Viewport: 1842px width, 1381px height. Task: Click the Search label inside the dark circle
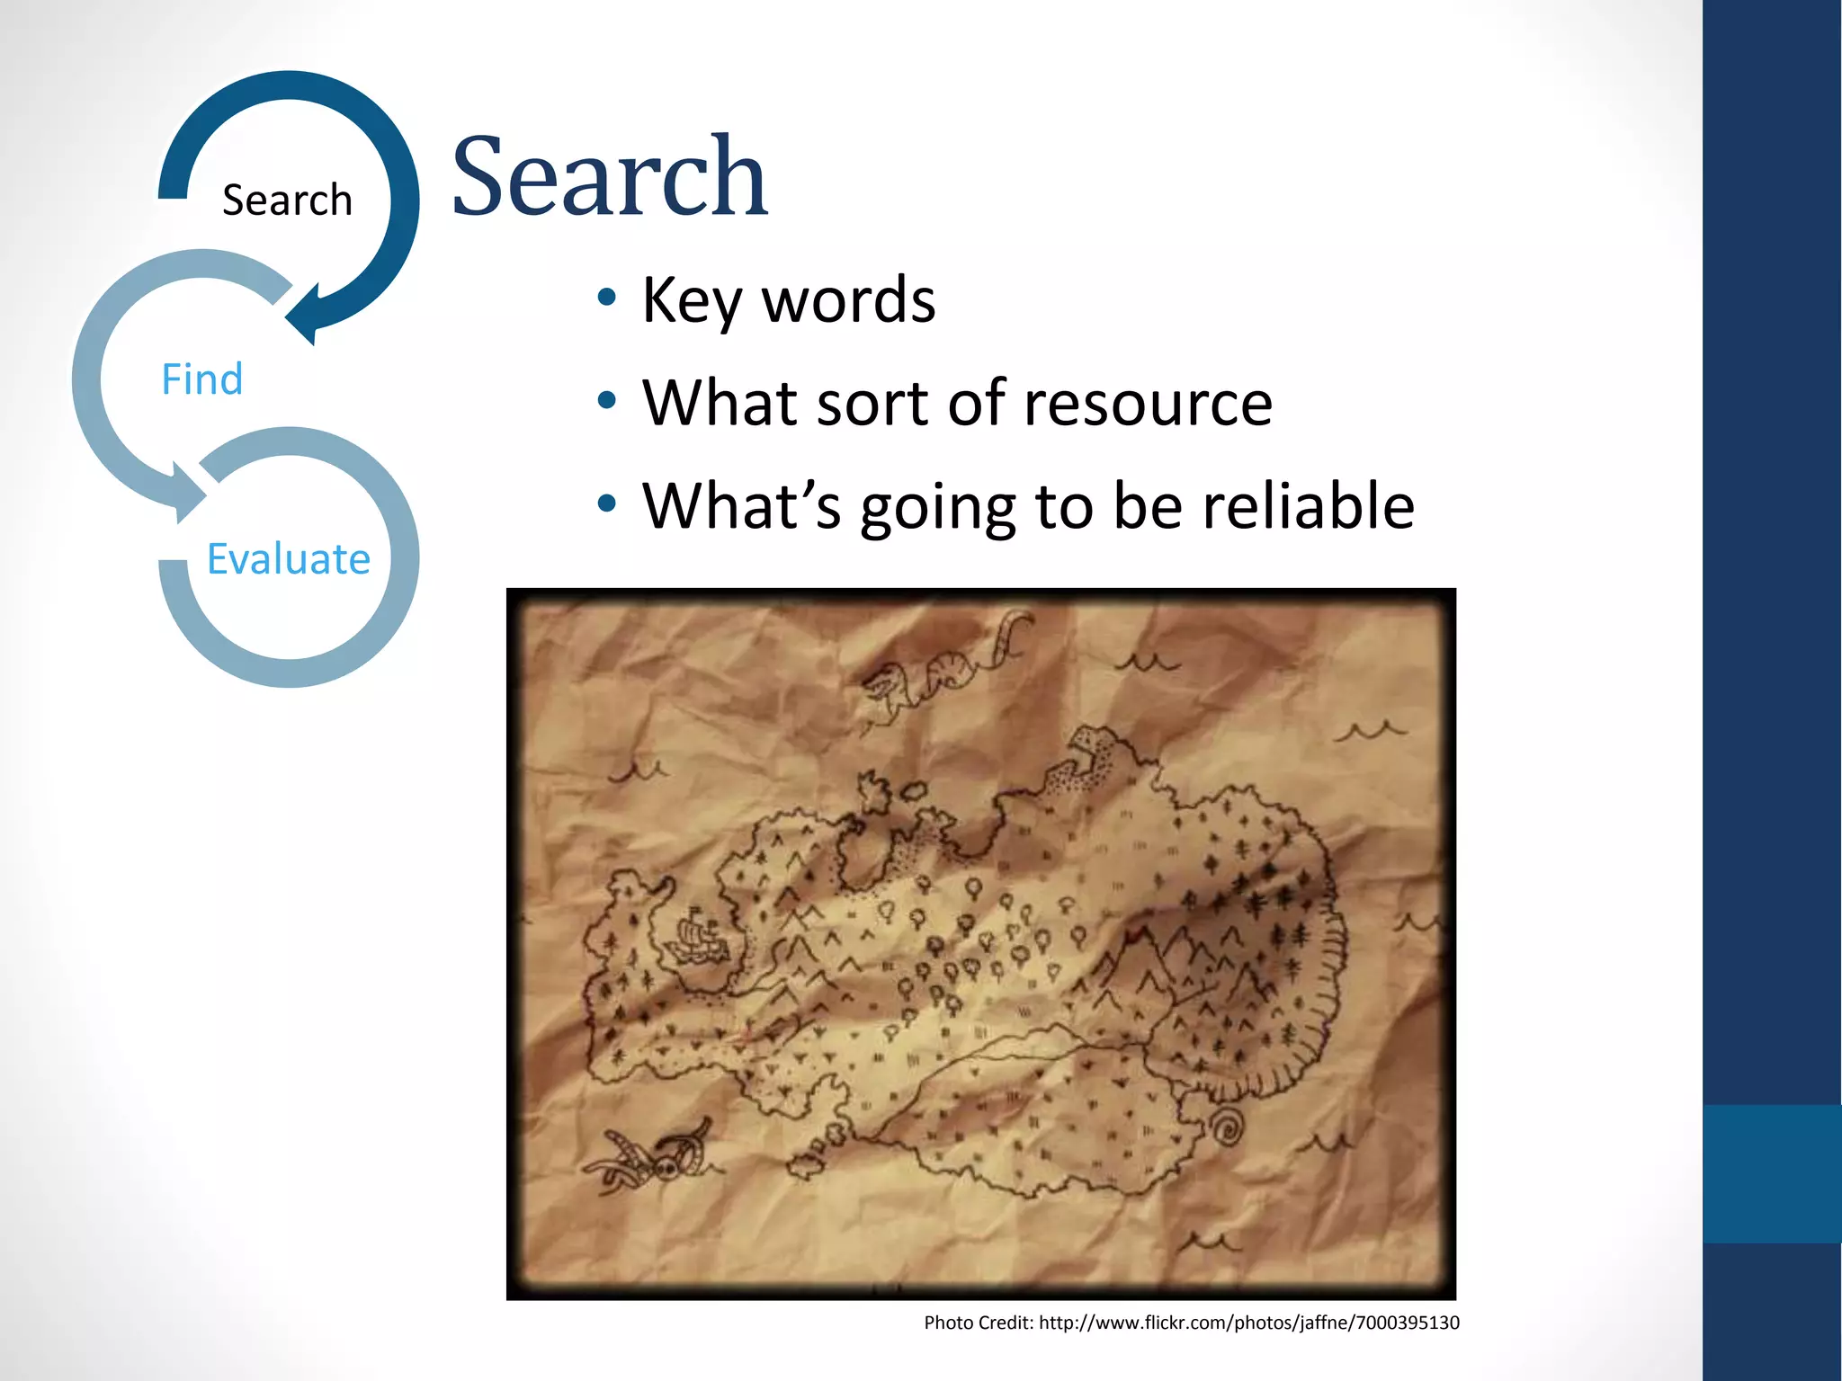pyautogui.click(x=287, y=200)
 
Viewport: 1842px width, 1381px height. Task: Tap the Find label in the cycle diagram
pyautogui.click(x=202, y=379)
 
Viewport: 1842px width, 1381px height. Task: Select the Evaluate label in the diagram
pyautogui.click(x=289, y=559)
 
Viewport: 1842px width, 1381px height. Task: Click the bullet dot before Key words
pyautogui.click(x=607, y=298)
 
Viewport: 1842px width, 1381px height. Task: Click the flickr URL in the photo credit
pyautogui.click(x=1248, y=1323)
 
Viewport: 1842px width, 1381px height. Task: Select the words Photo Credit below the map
pyautogui.click(x=978, y=1323)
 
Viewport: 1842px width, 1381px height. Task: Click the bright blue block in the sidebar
pyautogui.click(x=1772, y=1173)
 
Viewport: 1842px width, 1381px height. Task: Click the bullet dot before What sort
pyautogui.click(x=607, y=401)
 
